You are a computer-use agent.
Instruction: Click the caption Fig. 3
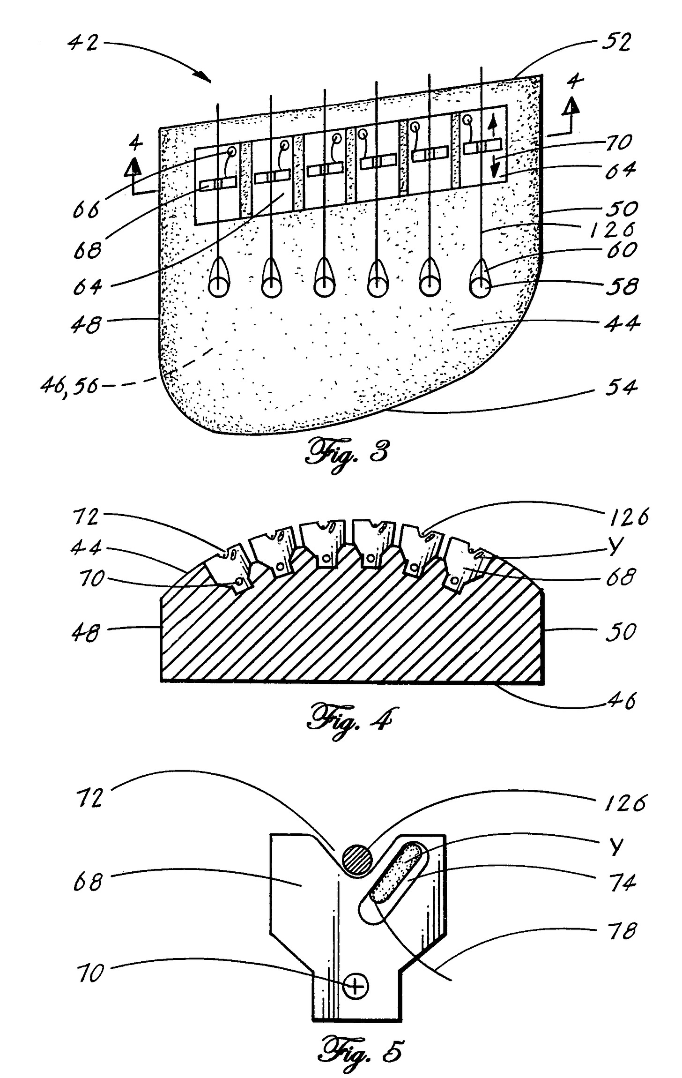pyautogui.click(x=347, y=455)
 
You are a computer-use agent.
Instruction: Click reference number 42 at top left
pyautogui.click(x=83, y=43)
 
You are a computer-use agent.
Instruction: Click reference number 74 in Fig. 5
pyautogui.click(x=622, y=883)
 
